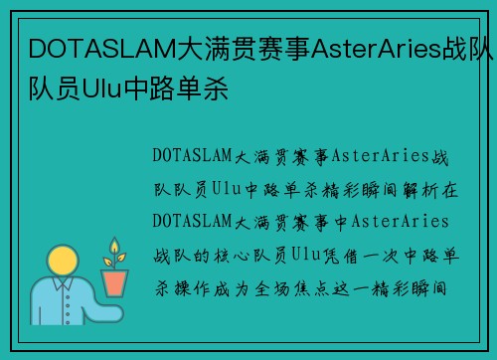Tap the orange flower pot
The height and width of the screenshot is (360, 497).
point(116,282)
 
